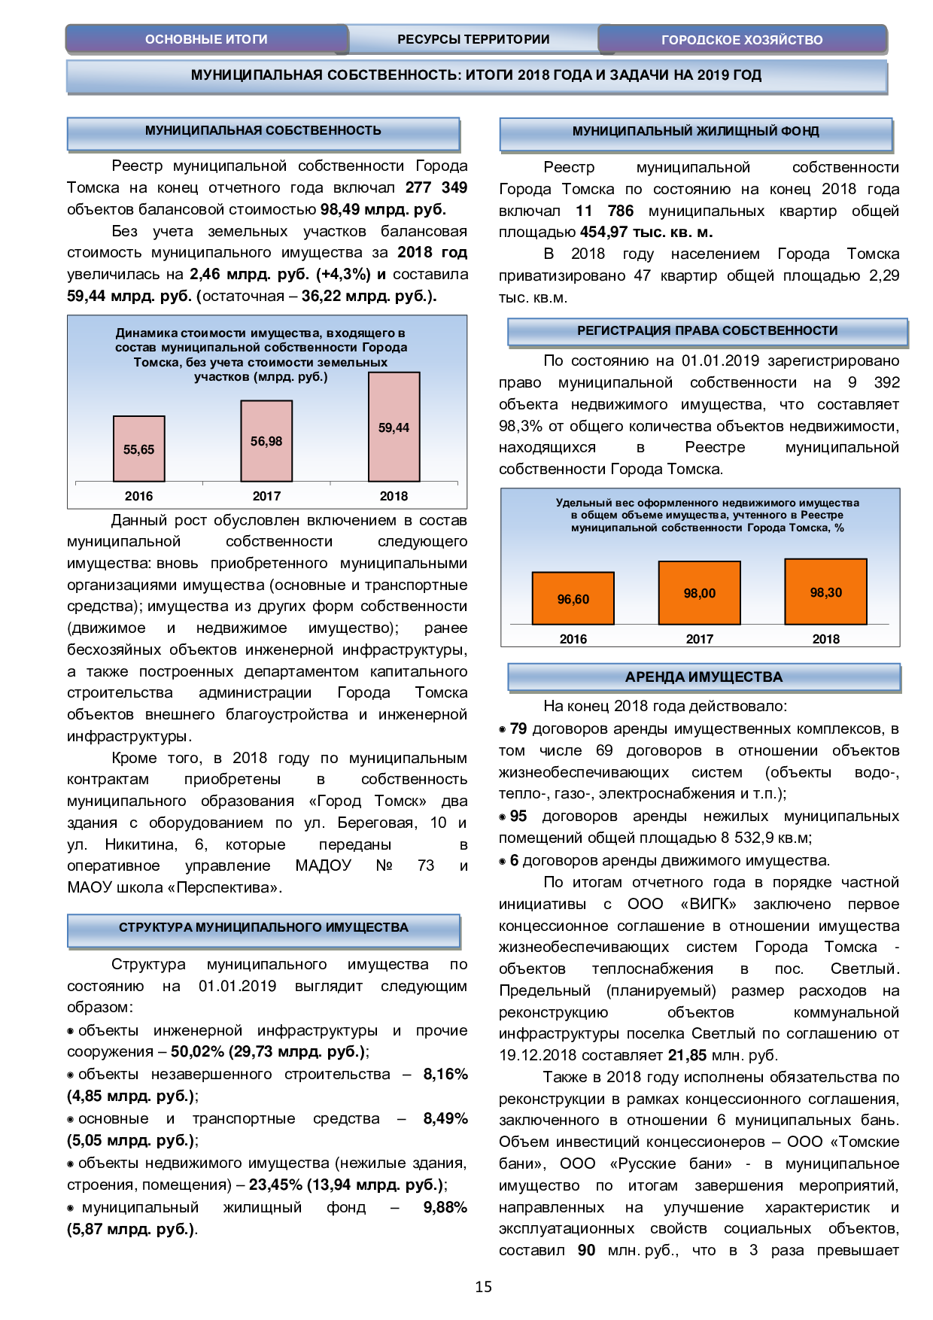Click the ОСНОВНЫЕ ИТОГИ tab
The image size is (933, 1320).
coord(206,39)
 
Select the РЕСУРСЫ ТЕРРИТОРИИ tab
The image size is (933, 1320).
coord(473,39)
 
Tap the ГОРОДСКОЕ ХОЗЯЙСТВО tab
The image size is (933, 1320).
coord(742,40)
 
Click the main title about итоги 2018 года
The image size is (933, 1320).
coord(476,75)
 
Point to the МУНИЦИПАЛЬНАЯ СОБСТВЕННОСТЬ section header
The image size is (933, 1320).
coord(263,131)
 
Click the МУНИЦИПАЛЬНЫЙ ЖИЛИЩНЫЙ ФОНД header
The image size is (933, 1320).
coord(695,132)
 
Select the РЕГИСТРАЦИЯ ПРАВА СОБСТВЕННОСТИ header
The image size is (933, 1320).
coord(707,331)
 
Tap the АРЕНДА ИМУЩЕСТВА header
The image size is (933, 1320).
coord(704,677)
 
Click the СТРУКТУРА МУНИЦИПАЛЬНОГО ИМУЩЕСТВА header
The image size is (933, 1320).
coord(263,928)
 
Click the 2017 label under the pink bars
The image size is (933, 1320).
coord(266,496)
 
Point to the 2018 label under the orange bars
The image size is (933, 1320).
coord(825,639)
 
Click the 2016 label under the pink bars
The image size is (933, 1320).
coord(139,496)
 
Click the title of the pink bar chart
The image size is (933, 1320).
coord(261,354)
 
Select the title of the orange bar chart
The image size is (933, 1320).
coord(707,515)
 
